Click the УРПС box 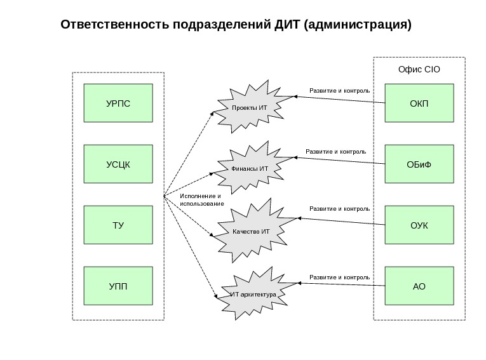coord(118,103)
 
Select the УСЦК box coord(118,164)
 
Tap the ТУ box coord(118,225)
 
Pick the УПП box coord(118,286)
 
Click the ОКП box coord(419,103)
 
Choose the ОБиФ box coord(419,164)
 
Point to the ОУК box coord(419,225)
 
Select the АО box coord(419,286)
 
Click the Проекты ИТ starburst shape coord(250,107)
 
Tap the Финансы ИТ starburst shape coord(250,168)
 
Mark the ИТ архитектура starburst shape coord(252,295)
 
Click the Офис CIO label coord(419,69)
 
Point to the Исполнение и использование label coord(201,200)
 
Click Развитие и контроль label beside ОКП coord(339,91)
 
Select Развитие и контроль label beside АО coord(339,277)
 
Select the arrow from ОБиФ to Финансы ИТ coord(337,161)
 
